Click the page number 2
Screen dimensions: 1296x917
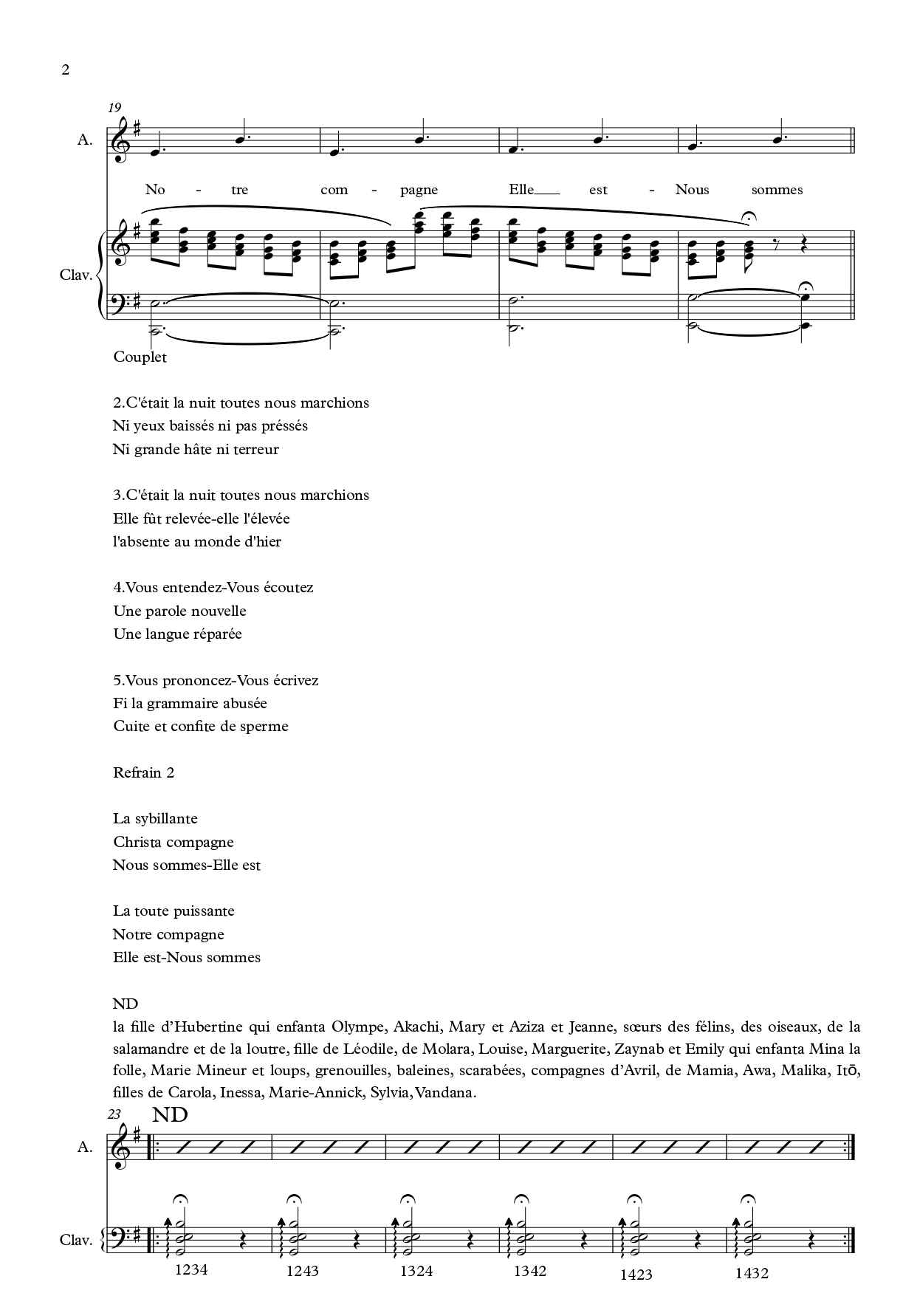(x=66, y=71)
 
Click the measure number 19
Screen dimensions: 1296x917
(x=114, y=108)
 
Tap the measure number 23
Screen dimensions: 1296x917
(x=114, y=1114)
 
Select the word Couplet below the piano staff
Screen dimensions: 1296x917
(x=140, y=357)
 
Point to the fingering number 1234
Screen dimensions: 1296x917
(x=191, y=1270)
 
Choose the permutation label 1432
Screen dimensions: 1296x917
(x=752, y=1273)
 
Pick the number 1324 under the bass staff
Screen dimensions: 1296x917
(x=416, y=1271)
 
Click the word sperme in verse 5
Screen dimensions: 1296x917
(x=264, y=727)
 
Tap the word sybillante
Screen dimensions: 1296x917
(x=166, y=819)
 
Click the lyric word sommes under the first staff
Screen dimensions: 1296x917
(x=777, y=190)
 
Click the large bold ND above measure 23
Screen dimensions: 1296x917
(x=171, y=1115)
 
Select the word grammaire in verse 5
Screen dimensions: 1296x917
(x=188, y=704)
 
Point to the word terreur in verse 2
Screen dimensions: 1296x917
(x=256, y=450)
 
